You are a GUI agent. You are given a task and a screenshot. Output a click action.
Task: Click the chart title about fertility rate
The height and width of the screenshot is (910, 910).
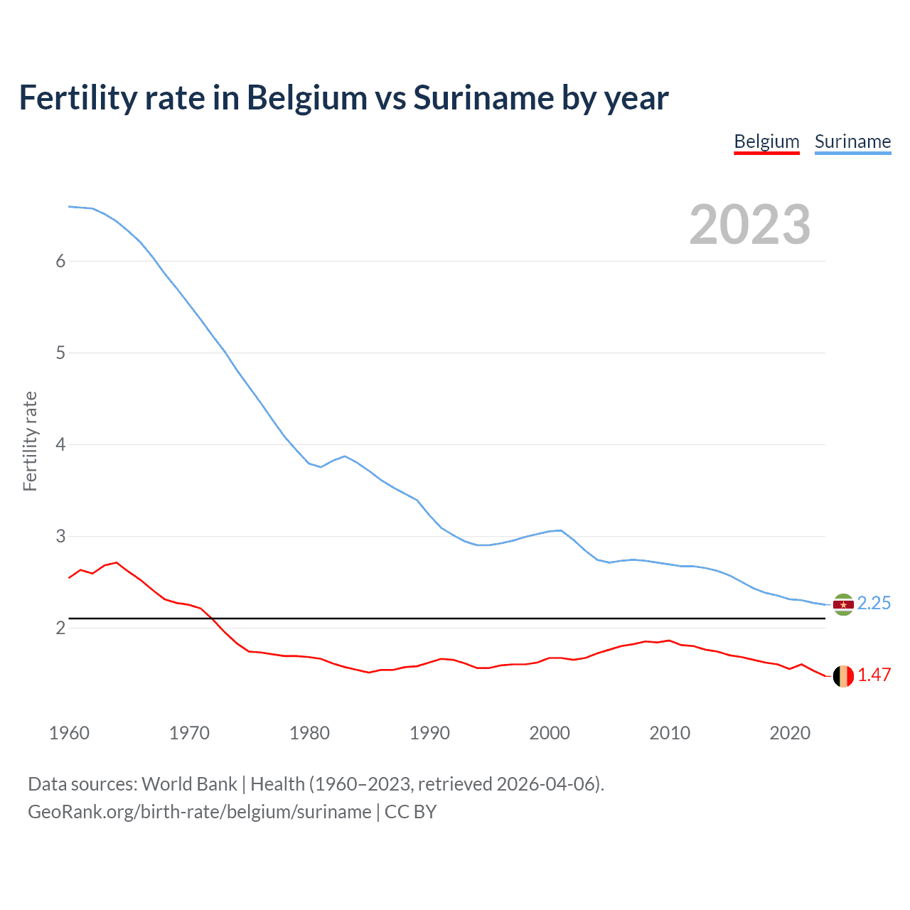343,98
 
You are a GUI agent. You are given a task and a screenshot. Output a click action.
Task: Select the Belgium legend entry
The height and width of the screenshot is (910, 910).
766,141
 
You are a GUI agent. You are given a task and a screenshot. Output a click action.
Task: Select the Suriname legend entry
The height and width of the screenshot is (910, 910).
852,141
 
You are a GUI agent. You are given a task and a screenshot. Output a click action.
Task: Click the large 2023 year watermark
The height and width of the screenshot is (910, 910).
749,225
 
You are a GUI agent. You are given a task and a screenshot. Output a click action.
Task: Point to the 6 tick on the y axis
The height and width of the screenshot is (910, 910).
60,261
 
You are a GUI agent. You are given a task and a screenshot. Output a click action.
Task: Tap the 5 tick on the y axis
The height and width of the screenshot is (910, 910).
60,353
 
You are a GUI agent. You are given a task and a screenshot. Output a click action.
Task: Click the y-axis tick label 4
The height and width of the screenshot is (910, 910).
60,444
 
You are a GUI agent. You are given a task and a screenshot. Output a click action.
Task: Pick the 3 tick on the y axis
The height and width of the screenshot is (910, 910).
60,536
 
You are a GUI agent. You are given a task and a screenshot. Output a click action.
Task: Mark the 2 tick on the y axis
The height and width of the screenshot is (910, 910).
60,628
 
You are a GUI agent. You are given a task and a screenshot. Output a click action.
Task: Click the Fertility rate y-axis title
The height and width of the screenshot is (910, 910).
30,441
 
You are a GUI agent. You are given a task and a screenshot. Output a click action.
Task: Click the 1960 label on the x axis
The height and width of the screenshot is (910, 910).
69,733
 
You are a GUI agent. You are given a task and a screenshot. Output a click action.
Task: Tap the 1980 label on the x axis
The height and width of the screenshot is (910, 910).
309,733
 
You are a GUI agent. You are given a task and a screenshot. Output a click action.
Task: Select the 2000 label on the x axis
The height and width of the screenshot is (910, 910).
550,733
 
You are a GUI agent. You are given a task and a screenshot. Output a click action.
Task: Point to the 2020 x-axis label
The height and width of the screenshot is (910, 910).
790,733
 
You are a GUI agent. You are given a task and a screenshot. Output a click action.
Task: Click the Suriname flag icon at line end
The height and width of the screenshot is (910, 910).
843,604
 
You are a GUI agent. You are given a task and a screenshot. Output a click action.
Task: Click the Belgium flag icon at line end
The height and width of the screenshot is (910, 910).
843,676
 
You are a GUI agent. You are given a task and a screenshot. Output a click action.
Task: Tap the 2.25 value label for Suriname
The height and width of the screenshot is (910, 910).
874,603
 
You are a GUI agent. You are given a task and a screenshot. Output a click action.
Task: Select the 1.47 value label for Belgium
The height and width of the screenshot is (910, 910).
874,675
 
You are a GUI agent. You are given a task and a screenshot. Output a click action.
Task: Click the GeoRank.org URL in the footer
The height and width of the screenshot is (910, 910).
200,812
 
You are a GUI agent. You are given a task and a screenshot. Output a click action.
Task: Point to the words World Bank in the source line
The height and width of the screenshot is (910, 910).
189,784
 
